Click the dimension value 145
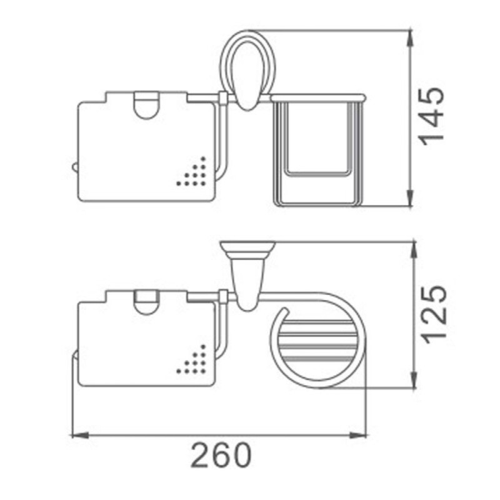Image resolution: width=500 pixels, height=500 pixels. tap(432, 116)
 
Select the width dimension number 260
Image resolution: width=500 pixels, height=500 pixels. tap(221, 455)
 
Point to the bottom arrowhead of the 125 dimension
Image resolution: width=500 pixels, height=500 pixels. tap(414, 380)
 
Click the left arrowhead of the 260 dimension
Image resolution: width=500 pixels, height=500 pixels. tap(80, 434)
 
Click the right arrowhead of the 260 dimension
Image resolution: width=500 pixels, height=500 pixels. tap(357, 434)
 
